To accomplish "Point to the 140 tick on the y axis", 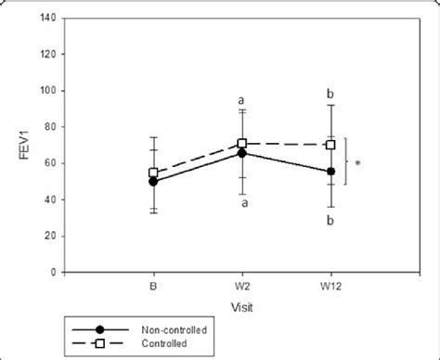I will point(47,18).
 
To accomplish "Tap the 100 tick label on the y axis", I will point(47,90).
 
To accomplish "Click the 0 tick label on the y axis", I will point(54,272).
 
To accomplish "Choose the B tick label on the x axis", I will point(153,285).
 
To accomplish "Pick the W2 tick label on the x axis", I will point(242,285).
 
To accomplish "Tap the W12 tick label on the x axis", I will point(331,285).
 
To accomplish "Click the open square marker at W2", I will point(242,144).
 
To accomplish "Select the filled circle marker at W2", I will point(242,153).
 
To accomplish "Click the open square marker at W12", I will point(331,145).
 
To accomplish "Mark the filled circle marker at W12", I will point(331,172).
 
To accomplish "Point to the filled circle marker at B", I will point(153,182).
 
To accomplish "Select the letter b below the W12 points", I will point(331,219).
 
